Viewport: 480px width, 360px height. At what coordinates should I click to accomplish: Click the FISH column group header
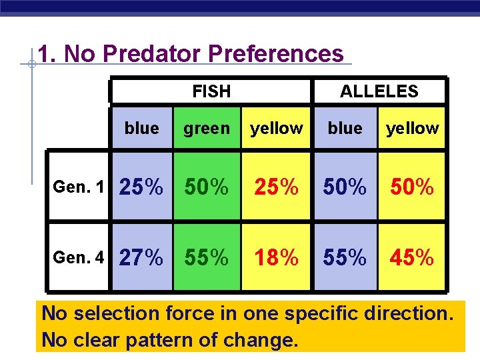211,91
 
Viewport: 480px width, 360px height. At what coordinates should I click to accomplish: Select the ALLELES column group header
379,91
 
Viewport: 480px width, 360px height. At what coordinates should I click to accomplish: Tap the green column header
207,128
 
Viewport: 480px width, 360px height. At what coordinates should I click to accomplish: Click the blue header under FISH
142,128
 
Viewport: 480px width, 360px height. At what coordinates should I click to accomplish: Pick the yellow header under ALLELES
413,128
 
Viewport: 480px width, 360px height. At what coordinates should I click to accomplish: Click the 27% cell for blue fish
141,257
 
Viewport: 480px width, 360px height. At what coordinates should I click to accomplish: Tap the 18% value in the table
276,257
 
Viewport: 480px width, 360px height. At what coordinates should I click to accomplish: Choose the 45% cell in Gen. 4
411,257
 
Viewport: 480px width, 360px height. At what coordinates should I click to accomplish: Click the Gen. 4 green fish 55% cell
207,257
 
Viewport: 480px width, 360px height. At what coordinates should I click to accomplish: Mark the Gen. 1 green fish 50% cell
207,188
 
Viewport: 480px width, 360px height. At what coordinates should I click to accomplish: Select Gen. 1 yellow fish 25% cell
276,188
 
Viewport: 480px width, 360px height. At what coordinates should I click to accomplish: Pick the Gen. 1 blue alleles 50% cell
344,188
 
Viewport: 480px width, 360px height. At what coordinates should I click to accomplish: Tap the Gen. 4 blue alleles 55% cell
344,257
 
